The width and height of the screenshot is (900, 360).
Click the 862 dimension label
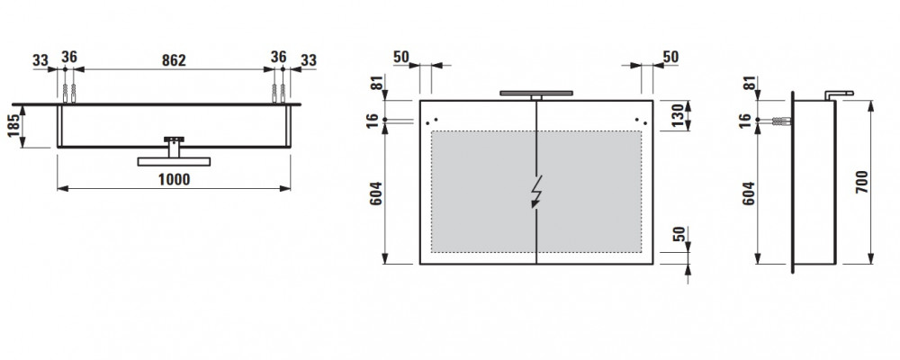(x=174, y=60)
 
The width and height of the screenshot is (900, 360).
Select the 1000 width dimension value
(x=174, y=180)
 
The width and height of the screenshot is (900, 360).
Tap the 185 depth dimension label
(x=14, y=126)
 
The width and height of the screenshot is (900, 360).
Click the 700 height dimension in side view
(x=862, y=182)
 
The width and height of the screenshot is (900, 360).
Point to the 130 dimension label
(x=678, y=115)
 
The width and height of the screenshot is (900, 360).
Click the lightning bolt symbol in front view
(x=536, y=190)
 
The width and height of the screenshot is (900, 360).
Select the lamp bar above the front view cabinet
(x=536, y=93)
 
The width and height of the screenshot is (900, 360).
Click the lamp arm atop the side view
(x=839, y=94)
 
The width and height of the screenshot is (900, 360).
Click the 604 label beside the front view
(x=374, y=194)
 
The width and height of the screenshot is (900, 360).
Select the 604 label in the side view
(x=748, y=194)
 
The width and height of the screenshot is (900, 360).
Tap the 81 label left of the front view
(x=376, y=82)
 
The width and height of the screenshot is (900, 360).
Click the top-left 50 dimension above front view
(x=401, y=57)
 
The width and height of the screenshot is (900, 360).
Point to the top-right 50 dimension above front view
(x=670, y=57)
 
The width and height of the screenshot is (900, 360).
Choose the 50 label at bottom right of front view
(x=679, y=235)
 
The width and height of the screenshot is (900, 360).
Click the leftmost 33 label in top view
(x=40, y=60)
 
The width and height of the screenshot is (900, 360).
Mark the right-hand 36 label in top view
(x=278, y=57)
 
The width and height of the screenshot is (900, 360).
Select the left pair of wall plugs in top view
(x=69, y=94)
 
